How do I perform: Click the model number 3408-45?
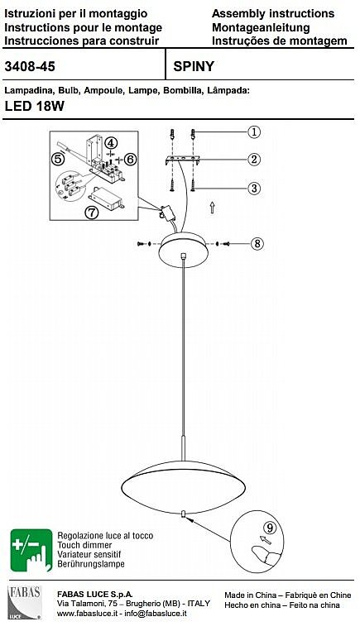click(x=30, y=66)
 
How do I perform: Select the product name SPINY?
click(x=194, y=66)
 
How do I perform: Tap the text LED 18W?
click(x=34, y=106)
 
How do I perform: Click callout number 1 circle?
click(x=254, y=131)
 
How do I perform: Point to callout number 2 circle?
click(x=254, y=160)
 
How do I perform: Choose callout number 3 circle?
click(x=254, y=188)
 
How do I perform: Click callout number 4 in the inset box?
click(x=111, y=143)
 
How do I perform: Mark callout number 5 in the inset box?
click(x=59, y=160)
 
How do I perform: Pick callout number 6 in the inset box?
click(x=130, y=160)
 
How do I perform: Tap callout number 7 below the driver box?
click(x=92, y=213)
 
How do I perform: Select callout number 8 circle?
click(x=257, y=243)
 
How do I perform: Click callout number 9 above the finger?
click(x=270, y=527)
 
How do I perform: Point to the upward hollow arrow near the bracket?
click(x=212, y=208)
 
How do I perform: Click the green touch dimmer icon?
click(x=31, y=550)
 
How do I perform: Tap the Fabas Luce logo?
click(x=25, y=602)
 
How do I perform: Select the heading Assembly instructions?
click(x=273, y=14)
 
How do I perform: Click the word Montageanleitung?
click(x=261, y=27)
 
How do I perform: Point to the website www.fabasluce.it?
click(x=88, y=614)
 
